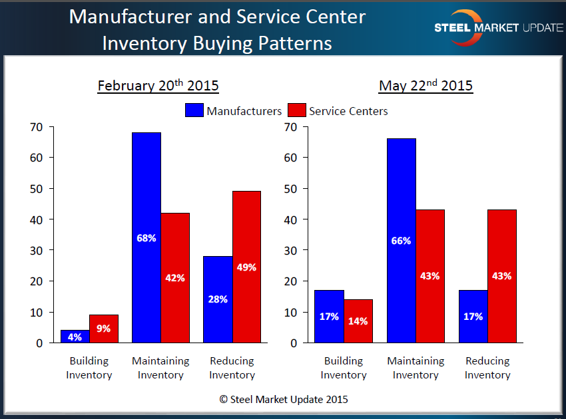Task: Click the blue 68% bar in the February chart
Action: click(x=146, y=237)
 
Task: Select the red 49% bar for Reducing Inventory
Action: click(x=246, y=267)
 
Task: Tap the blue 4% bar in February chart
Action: click(x=75, y=337)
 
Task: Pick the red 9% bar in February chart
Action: click(x=103, y=329)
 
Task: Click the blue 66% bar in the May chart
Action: click(x=401, y=241)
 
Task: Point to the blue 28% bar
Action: click(x=218, y=299)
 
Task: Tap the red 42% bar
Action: click(x=174, y=278)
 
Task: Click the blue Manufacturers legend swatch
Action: click(x=194, y=110)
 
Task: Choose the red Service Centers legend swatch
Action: click(x=296, y=110)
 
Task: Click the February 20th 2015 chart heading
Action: click(x=158, y=86)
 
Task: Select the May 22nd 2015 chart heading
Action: click(x=425, y=86)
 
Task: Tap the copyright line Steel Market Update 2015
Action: click(x=283, y=400)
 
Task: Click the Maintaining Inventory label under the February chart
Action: click(x=160, y=368)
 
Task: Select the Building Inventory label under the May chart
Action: click(x=344, y=368)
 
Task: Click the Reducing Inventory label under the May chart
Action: click(x=487, y=368)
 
